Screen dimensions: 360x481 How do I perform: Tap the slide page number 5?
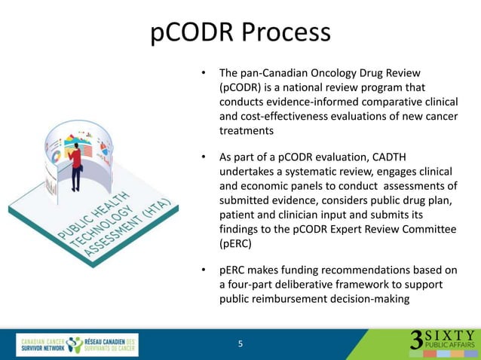coord(240,344)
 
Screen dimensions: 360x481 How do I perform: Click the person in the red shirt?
coord(76,166)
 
